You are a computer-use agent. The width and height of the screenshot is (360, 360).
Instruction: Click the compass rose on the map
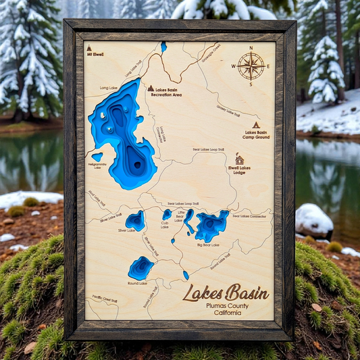251,66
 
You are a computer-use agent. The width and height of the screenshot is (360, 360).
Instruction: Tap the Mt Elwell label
97,54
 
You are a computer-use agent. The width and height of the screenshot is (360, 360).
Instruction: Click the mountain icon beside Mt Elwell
89,48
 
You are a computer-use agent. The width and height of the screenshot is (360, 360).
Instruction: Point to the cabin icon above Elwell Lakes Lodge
239,160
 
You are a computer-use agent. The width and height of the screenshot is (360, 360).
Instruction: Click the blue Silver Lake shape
135,220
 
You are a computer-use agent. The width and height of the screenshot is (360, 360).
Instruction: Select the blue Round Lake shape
141,267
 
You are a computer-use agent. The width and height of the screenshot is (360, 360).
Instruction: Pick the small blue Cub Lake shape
167,214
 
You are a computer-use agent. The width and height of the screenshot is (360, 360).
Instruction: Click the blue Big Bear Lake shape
211,225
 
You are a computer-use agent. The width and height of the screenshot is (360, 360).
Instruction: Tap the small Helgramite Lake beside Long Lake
97,157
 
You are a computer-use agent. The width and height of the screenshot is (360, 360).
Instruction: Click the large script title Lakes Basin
226,292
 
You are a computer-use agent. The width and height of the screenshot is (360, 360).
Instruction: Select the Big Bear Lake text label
208,245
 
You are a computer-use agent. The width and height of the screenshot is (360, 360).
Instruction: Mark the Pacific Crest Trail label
105,299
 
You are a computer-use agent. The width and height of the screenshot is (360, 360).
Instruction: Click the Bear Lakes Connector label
251,216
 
